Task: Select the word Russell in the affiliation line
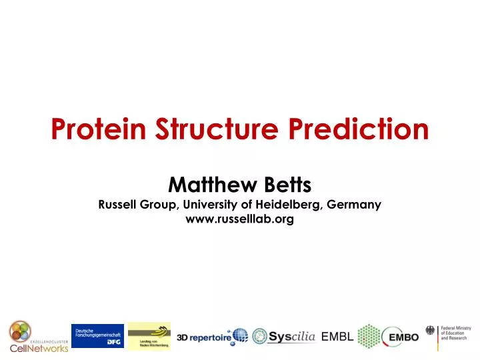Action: click(118, 205)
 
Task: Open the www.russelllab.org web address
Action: click(239, 219)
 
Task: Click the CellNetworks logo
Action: click(38, 337)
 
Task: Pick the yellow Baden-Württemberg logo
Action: click(149, 335)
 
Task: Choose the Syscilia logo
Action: click(284, 337)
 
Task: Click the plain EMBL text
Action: click(337, 337)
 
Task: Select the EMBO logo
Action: click(401, 337)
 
